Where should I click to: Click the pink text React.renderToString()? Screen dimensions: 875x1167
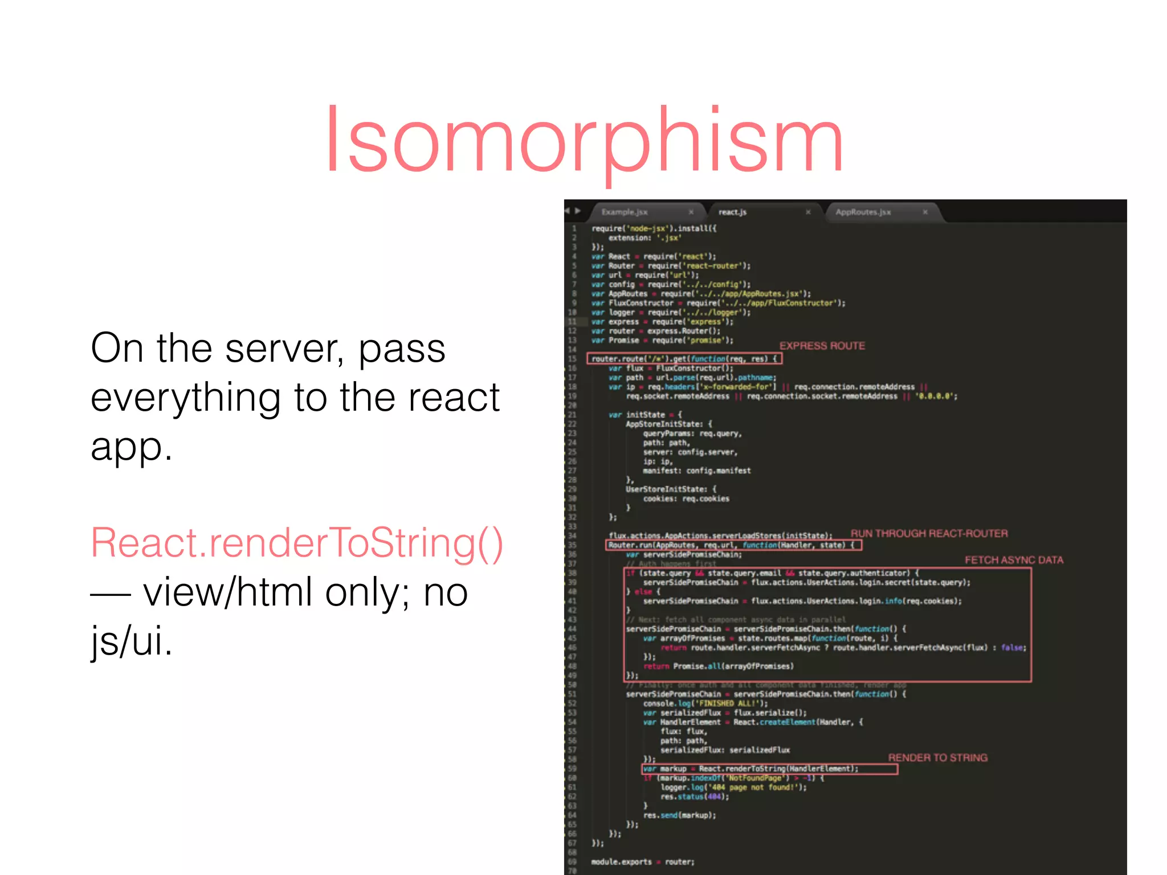[x=297, y=543]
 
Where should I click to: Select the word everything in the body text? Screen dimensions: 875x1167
[x=185, y=398]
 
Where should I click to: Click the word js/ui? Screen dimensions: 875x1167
[x=131, y=641]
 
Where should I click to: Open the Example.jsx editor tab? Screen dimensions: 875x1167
[x=625, y=212]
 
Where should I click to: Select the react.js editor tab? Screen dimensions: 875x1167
[x=732, y=212]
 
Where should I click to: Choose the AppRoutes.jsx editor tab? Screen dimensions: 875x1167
[x=863, y=212]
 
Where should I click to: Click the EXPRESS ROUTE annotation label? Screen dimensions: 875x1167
[x=822, y=346]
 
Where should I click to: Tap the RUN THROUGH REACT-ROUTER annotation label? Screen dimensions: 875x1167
[x=929, y=533]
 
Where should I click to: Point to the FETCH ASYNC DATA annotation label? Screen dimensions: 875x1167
[x=1014, y=560]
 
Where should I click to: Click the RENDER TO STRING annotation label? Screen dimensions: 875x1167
[x=937, y=758]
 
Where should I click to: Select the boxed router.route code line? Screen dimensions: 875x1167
[x=684, y=359]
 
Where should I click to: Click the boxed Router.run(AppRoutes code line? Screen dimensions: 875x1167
[x=733, y=545]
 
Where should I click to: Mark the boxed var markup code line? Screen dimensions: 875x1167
[x=769, y=769]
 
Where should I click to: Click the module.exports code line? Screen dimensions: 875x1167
[x=643, y=862]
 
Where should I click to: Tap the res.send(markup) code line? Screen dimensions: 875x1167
[x=679, y=815]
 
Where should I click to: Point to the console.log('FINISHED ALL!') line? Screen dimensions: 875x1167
[x=705, y=704]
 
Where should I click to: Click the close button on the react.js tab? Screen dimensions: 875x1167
[x=808, y=212]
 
